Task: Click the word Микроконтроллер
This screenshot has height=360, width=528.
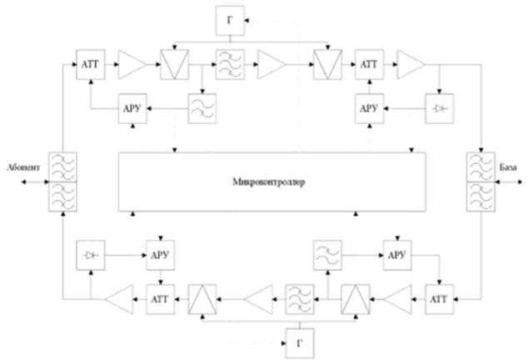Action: (269, 182)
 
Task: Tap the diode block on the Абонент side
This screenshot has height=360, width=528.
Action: (89, 252)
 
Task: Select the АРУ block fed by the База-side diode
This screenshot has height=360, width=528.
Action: (368, 109)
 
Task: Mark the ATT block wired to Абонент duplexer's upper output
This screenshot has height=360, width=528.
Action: (89, 62)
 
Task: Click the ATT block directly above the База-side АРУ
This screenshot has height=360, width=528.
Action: (368, 62)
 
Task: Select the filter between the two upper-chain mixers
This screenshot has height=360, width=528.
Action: (228, 62)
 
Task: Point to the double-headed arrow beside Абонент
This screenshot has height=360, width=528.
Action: (20, 182)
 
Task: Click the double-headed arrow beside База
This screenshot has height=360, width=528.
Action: (509, 182)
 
